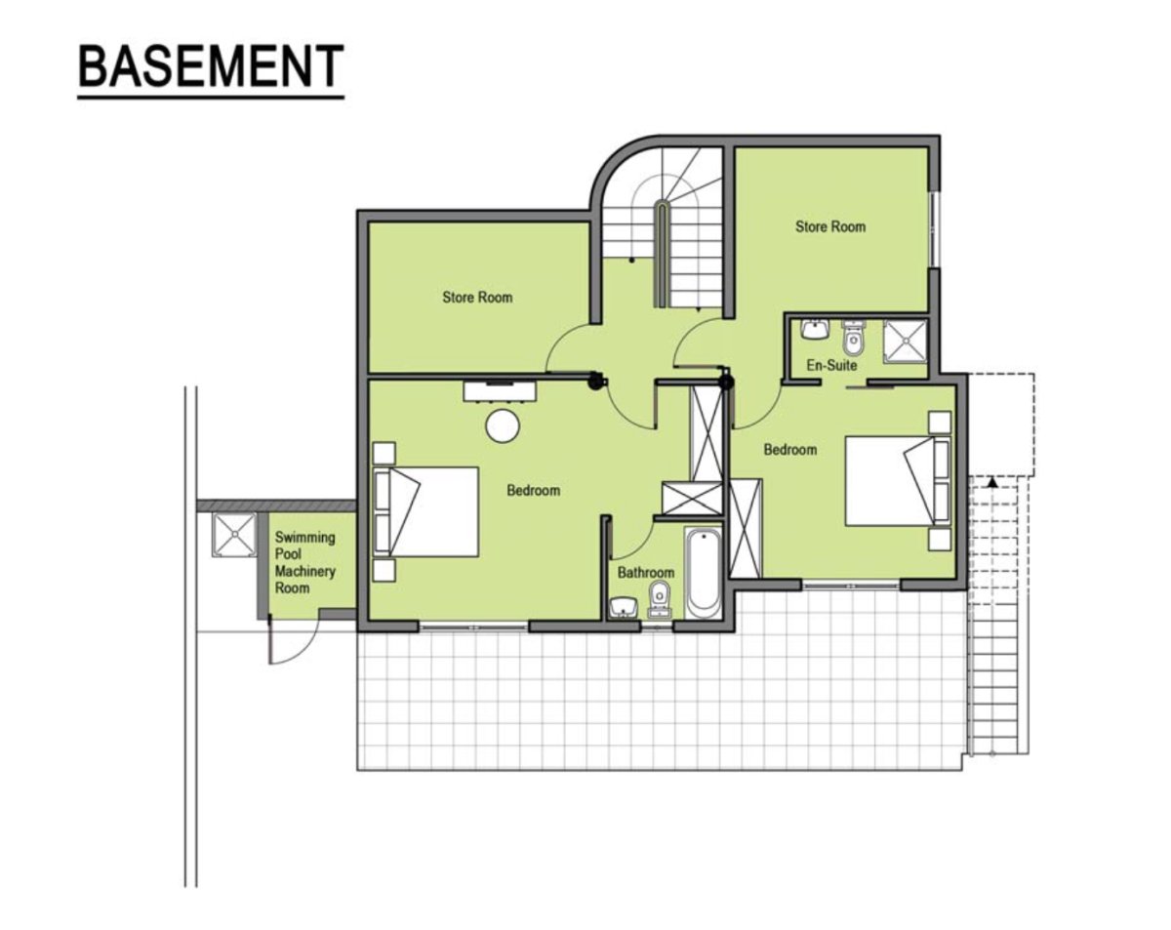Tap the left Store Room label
coord(477,297)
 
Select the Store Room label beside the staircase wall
coord(830,226)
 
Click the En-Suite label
coord(831,365)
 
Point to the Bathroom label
coord(646,573)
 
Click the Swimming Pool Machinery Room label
coord(304,563)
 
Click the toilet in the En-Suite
coord(853,337)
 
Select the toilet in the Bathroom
coord(660,598)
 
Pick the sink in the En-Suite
coord(815,330)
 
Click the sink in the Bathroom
coord(623,608)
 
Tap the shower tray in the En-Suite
coord(905,342)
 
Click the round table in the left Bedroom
coord(503,426)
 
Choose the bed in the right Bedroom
coord(898,480)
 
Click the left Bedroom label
coord(533,490)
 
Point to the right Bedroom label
coord(790,450)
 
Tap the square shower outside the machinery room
coord(234,535)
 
